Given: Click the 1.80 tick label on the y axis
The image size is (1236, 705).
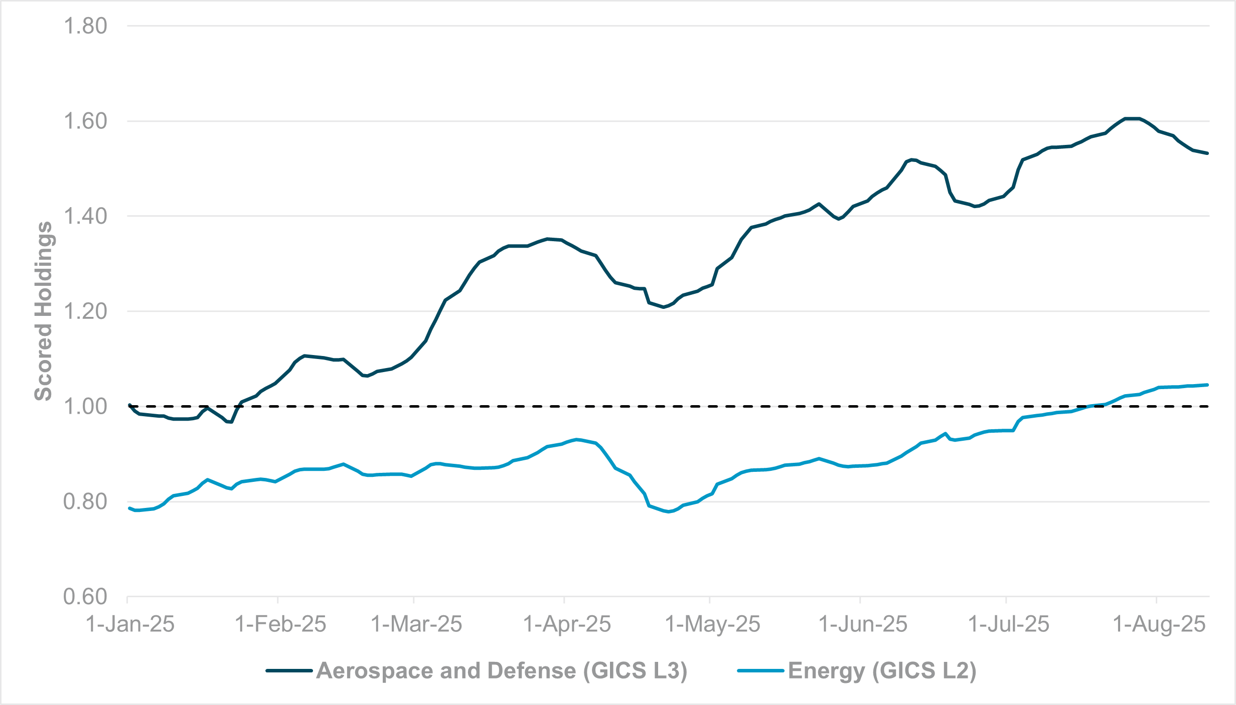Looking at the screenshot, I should (x=85, y=26).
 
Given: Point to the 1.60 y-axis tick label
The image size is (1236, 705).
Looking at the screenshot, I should (x=85, y=121).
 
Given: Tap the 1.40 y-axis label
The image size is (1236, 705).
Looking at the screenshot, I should (x=85, y=216).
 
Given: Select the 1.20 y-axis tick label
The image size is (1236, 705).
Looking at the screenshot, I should (x=85, y=311).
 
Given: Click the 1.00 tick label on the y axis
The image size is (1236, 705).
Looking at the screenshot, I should (x=85, y=407).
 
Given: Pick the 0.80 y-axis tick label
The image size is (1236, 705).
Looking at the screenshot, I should (x=85, y=501).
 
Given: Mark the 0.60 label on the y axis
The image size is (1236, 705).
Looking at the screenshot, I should (x=85, y=597).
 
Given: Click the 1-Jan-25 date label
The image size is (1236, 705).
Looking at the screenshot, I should (x=130, y=624).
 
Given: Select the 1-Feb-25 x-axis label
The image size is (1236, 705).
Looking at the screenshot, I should (x=280, y=624).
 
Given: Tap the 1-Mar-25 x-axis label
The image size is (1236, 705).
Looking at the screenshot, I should (x=416, y=624).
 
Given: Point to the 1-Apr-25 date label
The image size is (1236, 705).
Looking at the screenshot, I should (x=567, y=624).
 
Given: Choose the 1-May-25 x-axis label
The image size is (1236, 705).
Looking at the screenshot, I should (x=712, y=624).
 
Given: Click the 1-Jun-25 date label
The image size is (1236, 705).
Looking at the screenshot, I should (x=863, y=624).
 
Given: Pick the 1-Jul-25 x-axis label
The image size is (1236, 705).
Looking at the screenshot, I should (x=1008, y=624).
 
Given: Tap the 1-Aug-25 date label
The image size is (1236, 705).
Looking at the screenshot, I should (x=1159, y=624).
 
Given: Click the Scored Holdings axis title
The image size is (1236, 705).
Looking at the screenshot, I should (x=43, y=311).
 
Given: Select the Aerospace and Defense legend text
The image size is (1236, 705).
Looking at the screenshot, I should (x=502, y=671).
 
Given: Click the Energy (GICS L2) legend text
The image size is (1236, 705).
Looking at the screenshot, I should (x=882, y=671).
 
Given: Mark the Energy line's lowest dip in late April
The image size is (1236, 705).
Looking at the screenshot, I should (x=669, y=511).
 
